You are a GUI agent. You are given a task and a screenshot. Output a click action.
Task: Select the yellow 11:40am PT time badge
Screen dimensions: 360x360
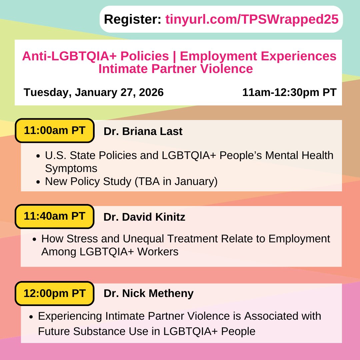55,217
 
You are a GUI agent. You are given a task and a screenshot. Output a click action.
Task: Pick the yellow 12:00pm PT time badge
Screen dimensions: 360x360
55,293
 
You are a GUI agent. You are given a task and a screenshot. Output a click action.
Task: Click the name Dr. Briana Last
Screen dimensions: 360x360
143,131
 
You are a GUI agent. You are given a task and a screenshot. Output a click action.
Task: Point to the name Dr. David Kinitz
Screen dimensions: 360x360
144,217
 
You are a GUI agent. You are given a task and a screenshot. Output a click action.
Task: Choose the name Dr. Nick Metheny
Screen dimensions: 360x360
148,293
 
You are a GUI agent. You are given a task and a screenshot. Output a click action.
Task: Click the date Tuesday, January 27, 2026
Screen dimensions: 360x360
94,92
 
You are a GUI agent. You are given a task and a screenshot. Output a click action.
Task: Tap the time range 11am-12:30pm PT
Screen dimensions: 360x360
289,92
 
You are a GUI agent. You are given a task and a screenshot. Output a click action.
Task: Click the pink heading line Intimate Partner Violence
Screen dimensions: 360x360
175,69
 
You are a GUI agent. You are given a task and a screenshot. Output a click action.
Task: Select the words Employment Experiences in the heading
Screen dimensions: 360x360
258,56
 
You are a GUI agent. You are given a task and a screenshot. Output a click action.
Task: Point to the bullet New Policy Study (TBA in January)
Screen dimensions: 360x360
131,182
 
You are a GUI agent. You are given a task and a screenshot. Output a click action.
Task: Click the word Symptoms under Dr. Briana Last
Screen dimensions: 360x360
71,168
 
